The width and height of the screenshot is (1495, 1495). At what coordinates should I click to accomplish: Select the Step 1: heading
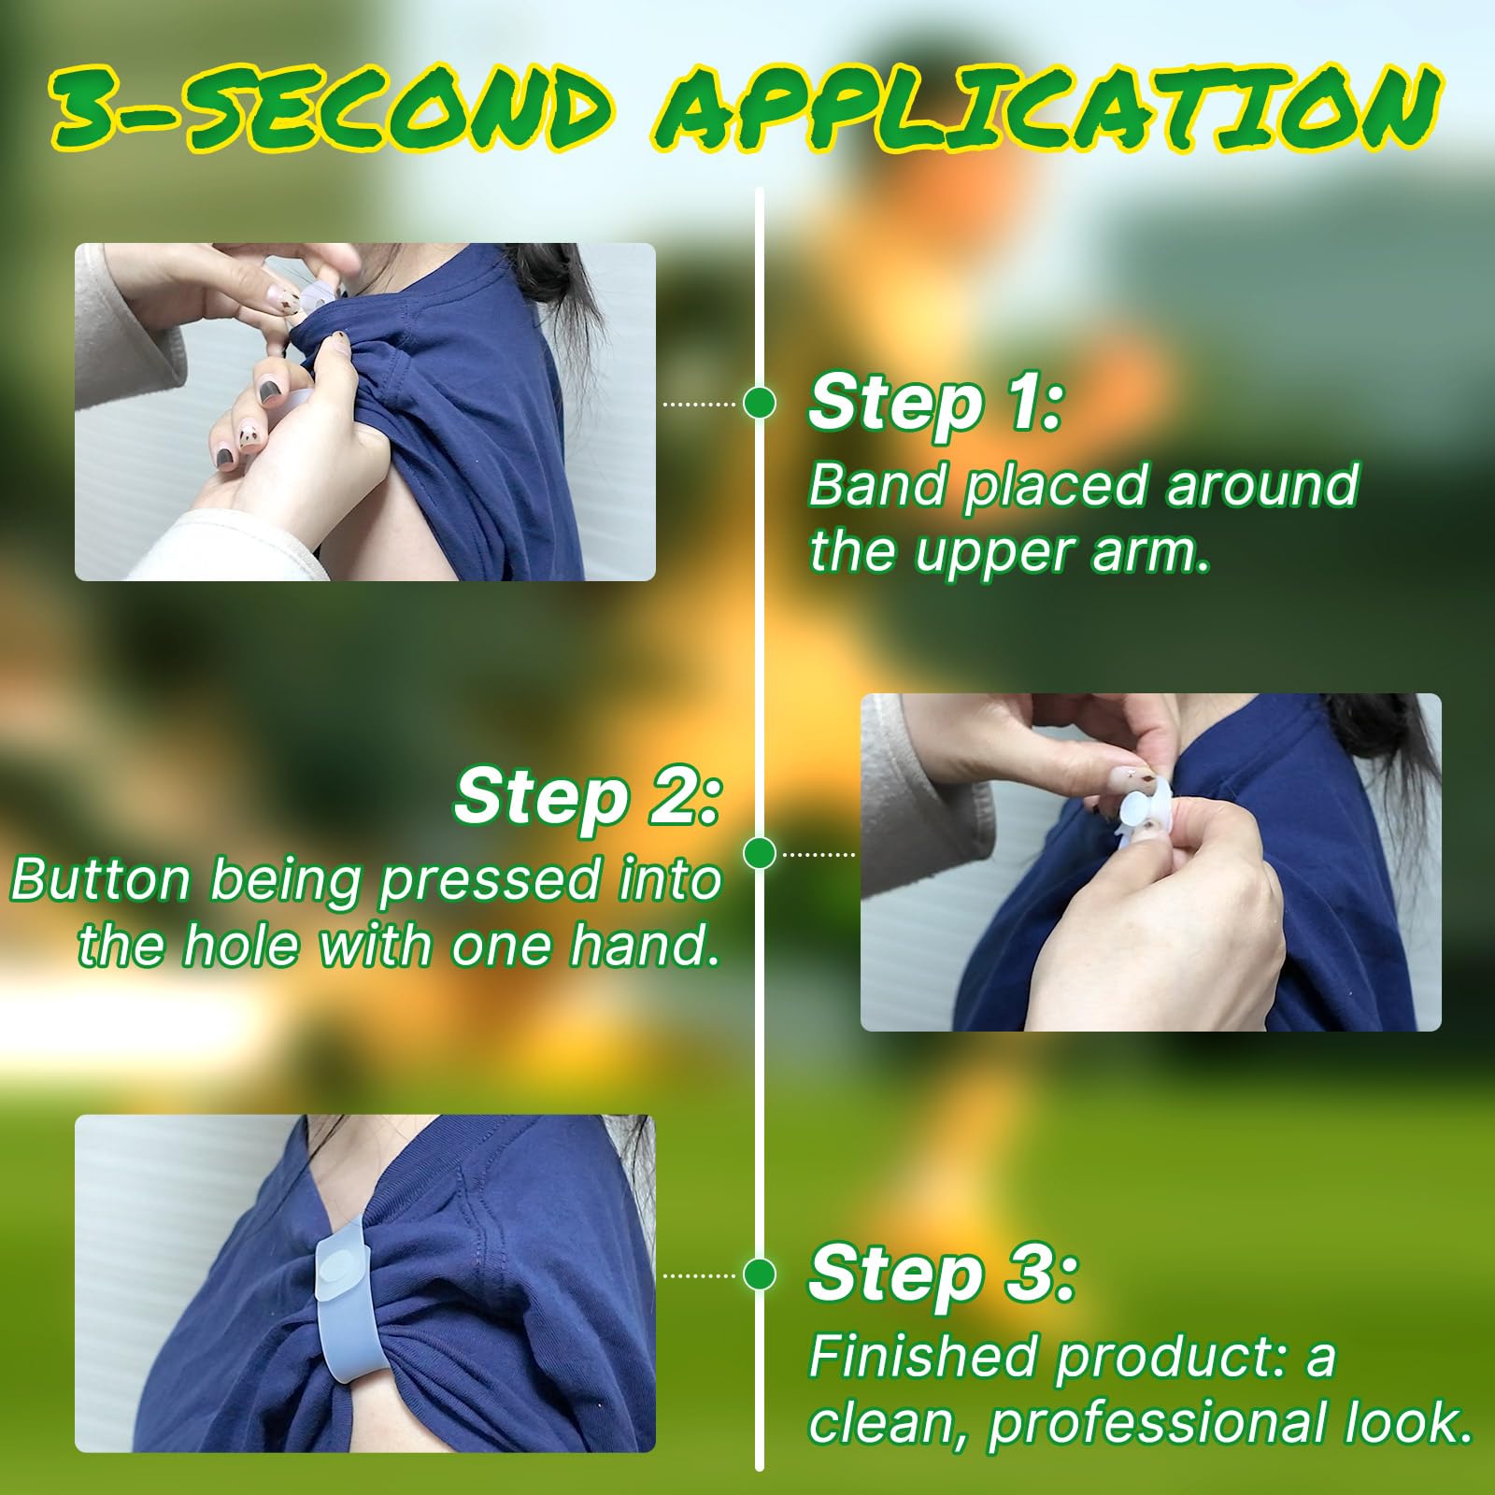935,404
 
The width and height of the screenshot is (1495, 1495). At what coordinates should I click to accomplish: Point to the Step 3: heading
943,1274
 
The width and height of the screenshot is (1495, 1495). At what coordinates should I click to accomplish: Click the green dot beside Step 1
760,404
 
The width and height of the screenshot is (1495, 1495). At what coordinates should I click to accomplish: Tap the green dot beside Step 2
760,853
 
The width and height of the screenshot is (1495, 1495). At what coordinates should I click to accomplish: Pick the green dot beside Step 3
760,1274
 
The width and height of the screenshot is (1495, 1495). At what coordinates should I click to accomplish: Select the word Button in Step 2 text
101,880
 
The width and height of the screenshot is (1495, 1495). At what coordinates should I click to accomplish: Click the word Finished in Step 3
924,1357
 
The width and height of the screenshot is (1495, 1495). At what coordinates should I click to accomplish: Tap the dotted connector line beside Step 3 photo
699,1275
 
